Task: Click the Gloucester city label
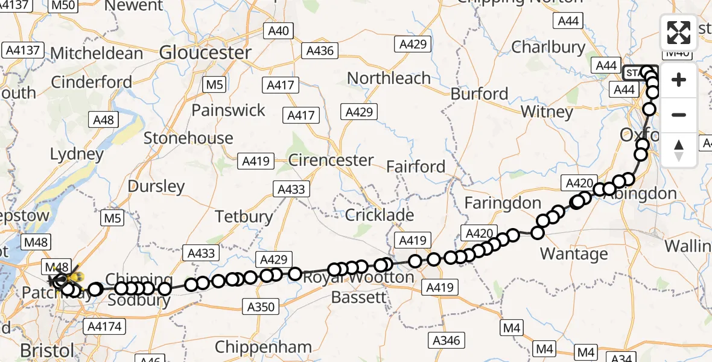coord(205,53)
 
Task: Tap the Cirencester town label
coord(331,160)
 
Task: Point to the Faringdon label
coord(503,203)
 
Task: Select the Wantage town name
coord(574,253)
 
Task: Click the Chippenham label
coord(263,348)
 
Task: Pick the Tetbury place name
coord(244,216)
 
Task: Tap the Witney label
coord(547,112)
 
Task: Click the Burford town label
coord(480,94)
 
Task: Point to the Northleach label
coord(389,78)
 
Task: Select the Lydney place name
coord(77,154)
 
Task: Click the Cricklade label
coord(380,215)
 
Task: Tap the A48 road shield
coord(104,120)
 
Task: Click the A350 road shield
coord(261,307)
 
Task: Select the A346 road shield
coord(447,340)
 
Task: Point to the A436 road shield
coord(320,51)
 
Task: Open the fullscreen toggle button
coord(679,33)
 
